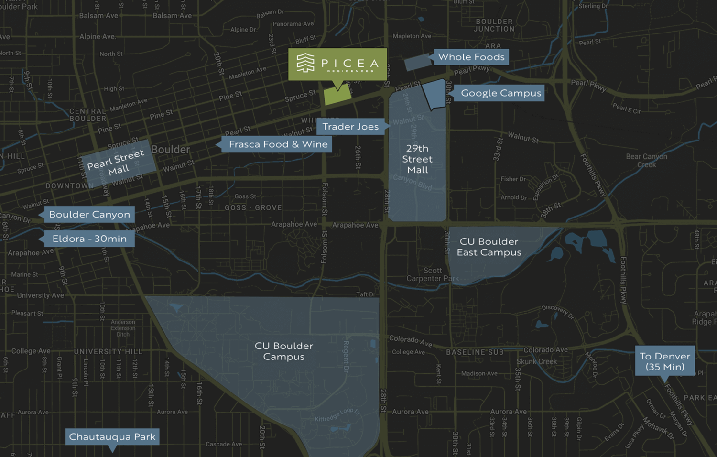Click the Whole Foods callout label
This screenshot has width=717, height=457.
pyautogui.click(x=471, y=57)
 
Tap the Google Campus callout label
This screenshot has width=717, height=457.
pyautogui.click(x=500, y=93)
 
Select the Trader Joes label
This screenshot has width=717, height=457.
pyautogui.click(x=350, y=127)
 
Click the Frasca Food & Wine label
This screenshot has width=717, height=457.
pyautogui.click(x=278, y=144)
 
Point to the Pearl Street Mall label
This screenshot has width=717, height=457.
pyautogui.click(x=116, y=163)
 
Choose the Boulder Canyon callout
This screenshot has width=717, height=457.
pyautogui.click(x=89, y=215)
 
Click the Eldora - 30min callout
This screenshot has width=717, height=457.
pyautogui.click(x=89, y=239)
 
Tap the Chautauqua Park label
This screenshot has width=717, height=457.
pyautogui.click(x=112, y=437)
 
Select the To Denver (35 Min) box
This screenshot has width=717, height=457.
pyautogui.click(x=664, y=361)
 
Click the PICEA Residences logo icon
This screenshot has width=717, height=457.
pyautogui.click(x=305, y=63)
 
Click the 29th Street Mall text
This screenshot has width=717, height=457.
pyautogui.click(x=417, y=159)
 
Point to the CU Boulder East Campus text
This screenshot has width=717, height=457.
pyautogui.click(x=489, y=247)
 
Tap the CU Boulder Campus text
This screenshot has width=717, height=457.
pyautogui.click(x=283, y=351)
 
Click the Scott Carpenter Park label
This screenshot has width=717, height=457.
pyautogui.click(x=432, y=274)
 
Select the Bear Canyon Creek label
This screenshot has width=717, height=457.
pyautogui.click(x=646, y=161)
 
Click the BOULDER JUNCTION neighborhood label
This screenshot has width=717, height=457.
pyautogui.click(x=494, y=25)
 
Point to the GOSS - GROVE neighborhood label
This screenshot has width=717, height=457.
pyautogui.click(x=253, y=208)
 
